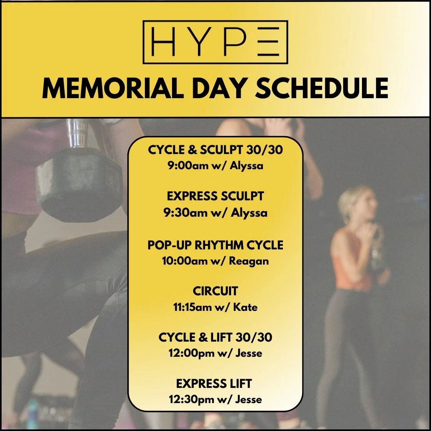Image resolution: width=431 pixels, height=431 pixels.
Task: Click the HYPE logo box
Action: (x=215, y=42)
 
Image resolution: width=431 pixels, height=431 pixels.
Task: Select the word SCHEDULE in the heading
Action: (x=322, y=89)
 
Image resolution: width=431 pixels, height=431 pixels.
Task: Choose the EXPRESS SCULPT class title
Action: (x=215, y=197)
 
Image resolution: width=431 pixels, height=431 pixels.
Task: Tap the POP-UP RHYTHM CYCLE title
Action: (x=215, y=245)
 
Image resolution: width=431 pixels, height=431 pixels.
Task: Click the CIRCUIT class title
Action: (x=215, y=291)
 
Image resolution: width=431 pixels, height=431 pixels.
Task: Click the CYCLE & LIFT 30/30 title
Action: (x=215, y=338)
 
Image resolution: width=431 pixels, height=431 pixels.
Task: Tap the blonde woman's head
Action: (x=355, y=204)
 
